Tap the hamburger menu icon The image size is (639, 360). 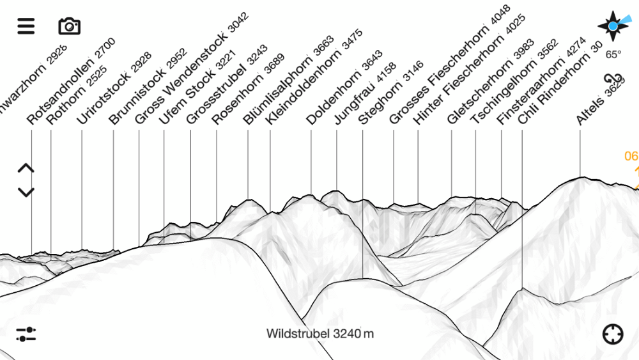26,26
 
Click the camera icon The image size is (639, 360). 69,26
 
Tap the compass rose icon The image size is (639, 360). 613,26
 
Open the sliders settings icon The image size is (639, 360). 26,334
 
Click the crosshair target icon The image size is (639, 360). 613,334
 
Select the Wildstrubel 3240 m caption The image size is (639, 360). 320,334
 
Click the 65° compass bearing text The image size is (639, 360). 613,54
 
